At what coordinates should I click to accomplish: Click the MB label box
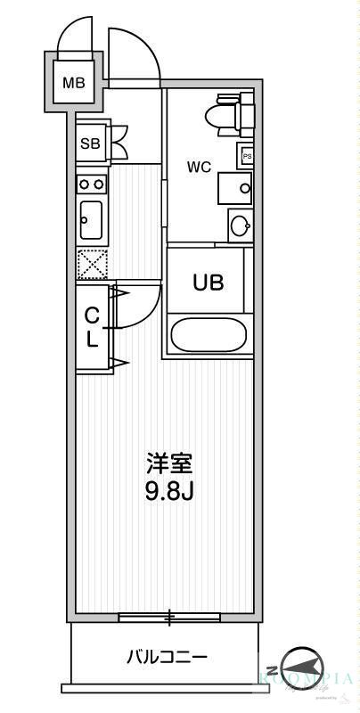pyautogui.click(x=73, y=84)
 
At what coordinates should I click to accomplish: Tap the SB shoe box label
pyautogui.click(x=90, y=143)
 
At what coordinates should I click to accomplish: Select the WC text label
pyautogui.click(x=198, y=166)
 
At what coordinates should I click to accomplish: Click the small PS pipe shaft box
pyautogui.click(x=246, y=155)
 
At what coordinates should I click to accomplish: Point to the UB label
pyautogui.click(x=209, y=282)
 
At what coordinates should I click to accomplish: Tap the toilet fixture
pyautogui.click(x=224, y=116)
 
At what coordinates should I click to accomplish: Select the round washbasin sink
pyautogui.click(x=241, y=225)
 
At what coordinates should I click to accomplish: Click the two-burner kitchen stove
pyautogui.click(x=91, y=184)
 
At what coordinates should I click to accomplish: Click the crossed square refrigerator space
pyautogui.click(x=92, y=264)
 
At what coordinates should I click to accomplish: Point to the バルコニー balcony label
pyautogui.click(x=167, y=658)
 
